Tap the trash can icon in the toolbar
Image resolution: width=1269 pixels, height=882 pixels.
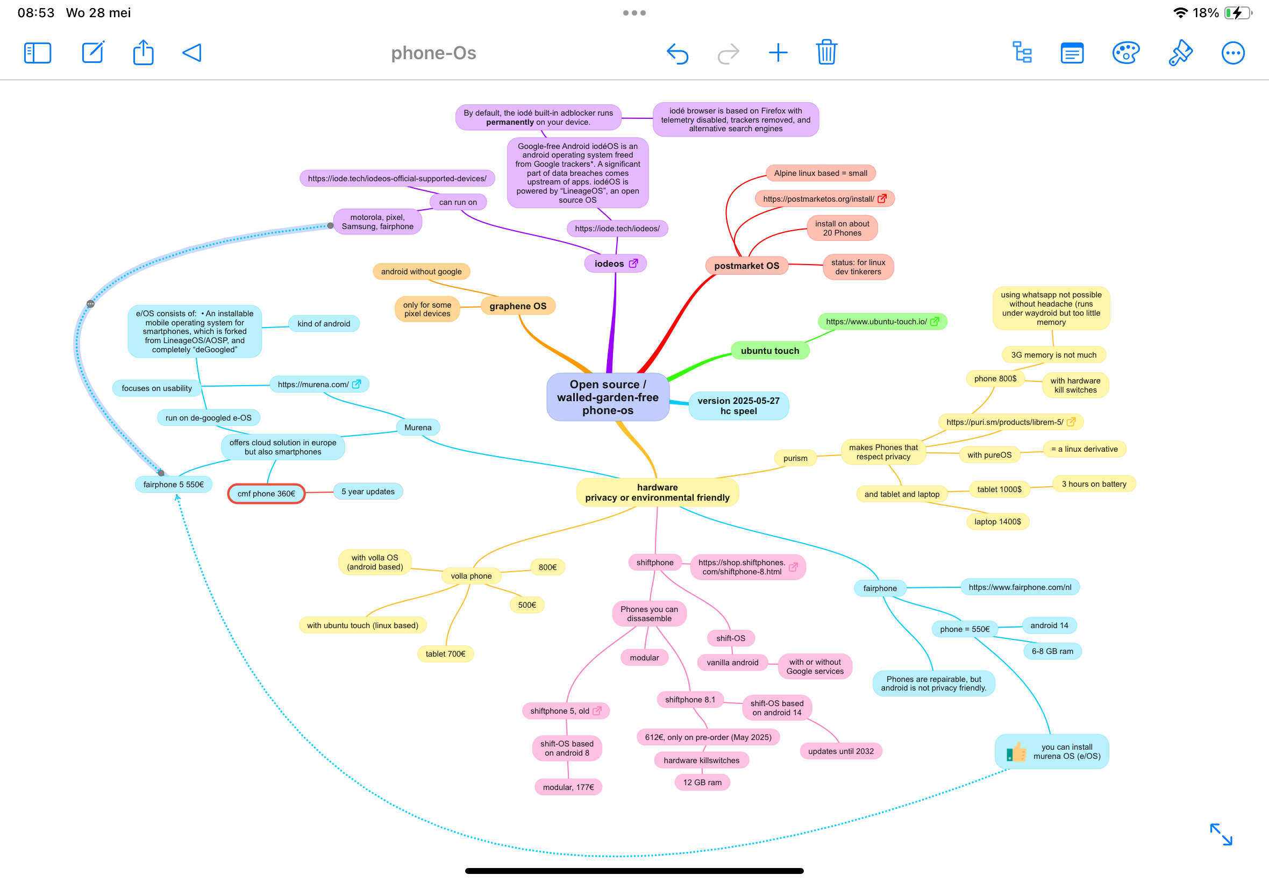click(826, 53)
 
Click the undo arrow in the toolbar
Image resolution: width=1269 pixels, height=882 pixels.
click(678, 54)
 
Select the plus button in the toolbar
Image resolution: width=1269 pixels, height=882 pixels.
click(778, 53)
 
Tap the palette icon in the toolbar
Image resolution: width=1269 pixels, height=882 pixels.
click(1125, 53)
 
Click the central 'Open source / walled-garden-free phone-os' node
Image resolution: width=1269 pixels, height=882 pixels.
click(607, 397)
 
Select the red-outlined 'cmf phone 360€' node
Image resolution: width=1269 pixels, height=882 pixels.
click(266, 494)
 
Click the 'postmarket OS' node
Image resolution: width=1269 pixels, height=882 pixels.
click(746, 266)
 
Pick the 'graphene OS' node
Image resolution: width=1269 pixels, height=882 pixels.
click(517, 306)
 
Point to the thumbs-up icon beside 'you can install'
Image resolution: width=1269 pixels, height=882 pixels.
click(1015, 751)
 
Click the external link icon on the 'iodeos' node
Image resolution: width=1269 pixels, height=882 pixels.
click(633, 264)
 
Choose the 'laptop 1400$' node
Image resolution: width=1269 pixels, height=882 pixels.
click(997, 522)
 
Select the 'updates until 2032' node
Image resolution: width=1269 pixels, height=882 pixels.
click(840, 751)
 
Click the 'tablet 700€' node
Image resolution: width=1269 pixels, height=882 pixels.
click(445, 654)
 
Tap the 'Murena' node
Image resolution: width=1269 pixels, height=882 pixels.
click(418, 427)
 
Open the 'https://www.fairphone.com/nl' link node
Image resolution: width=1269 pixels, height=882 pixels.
click(1020, 587)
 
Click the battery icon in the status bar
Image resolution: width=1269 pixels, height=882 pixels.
click(1237, 13)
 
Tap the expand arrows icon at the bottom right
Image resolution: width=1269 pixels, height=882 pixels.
click(1221, 834)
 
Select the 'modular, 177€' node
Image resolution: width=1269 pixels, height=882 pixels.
click(568, 787)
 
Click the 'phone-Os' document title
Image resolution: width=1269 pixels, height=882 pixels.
click(434, 53)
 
